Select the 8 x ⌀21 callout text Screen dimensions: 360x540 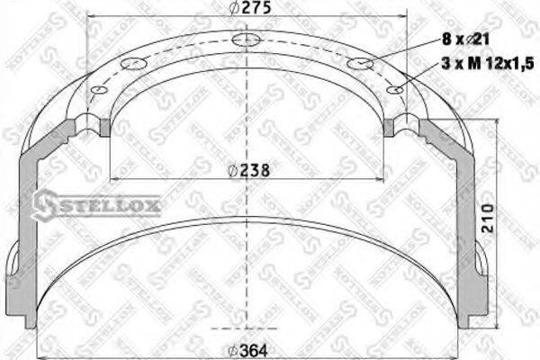click(465, 38)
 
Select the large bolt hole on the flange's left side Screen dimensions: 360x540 click(132, 63)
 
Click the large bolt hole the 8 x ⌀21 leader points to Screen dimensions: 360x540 click(359, 63)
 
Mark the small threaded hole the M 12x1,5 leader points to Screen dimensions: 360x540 click(393, 89)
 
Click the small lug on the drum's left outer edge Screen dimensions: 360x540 click(12, 265)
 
